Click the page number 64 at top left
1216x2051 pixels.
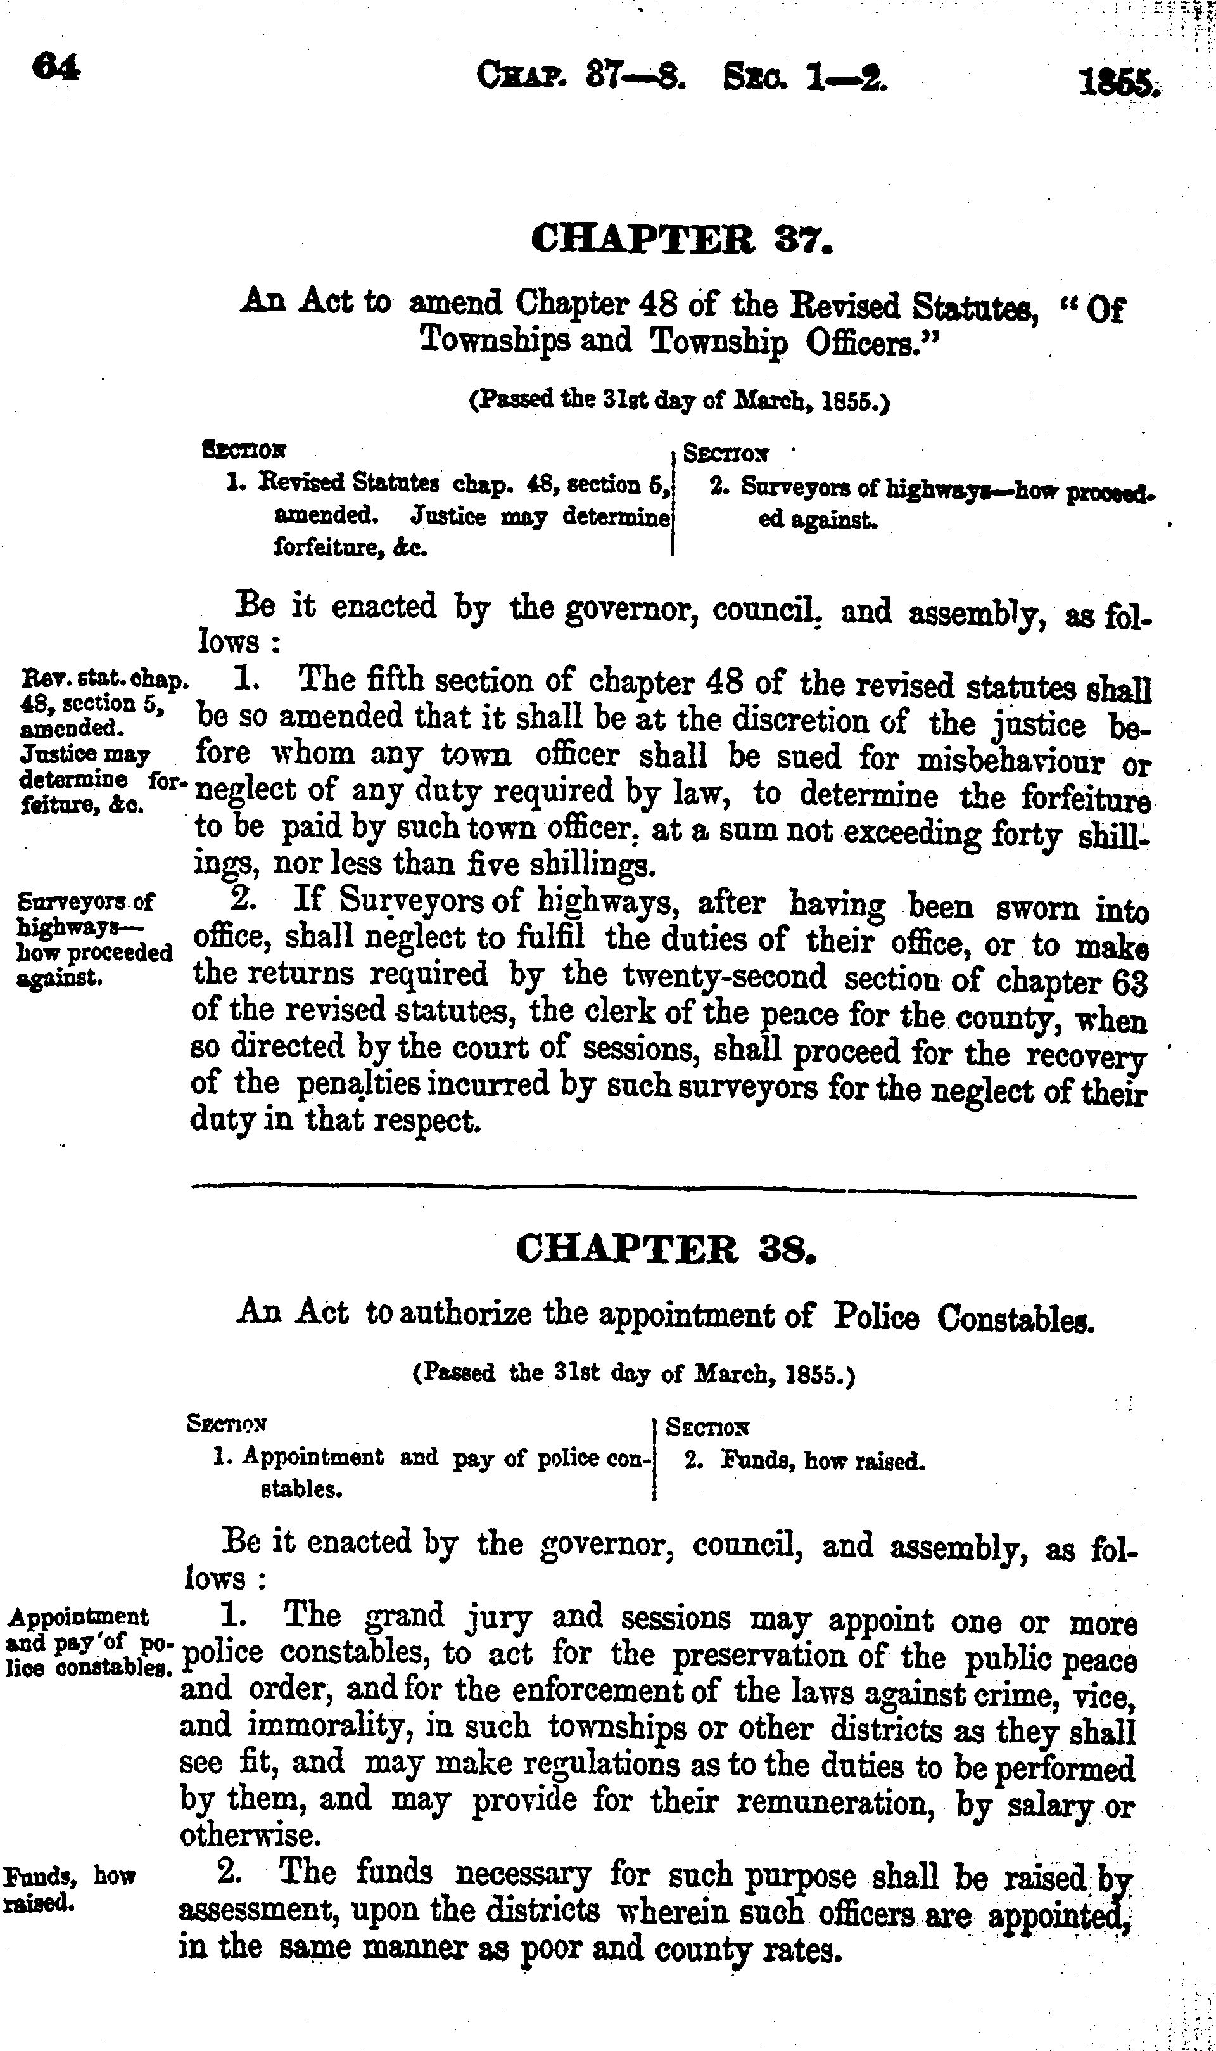(x=56, y=68)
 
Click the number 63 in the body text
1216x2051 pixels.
(x=1130, y=981)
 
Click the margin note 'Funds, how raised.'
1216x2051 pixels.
(x=69, y=1889)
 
